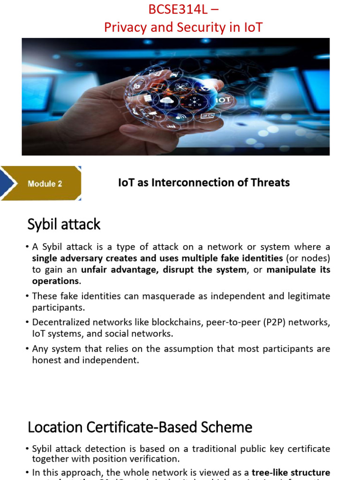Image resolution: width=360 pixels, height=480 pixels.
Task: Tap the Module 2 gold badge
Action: [45, 184]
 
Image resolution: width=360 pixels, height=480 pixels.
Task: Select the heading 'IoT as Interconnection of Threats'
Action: [204, 182]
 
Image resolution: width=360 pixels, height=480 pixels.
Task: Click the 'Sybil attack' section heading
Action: [64, 225]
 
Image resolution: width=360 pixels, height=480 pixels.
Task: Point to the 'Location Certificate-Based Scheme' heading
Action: [140, 427]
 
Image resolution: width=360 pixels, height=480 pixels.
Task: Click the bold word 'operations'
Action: [55, 281]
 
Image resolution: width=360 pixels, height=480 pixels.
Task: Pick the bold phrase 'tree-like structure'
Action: [291, 472]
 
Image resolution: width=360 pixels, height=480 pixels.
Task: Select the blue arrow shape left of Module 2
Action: [8, 184]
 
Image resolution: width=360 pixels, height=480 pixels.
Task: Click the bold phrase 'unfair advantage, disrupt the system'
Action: [163, 270]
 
